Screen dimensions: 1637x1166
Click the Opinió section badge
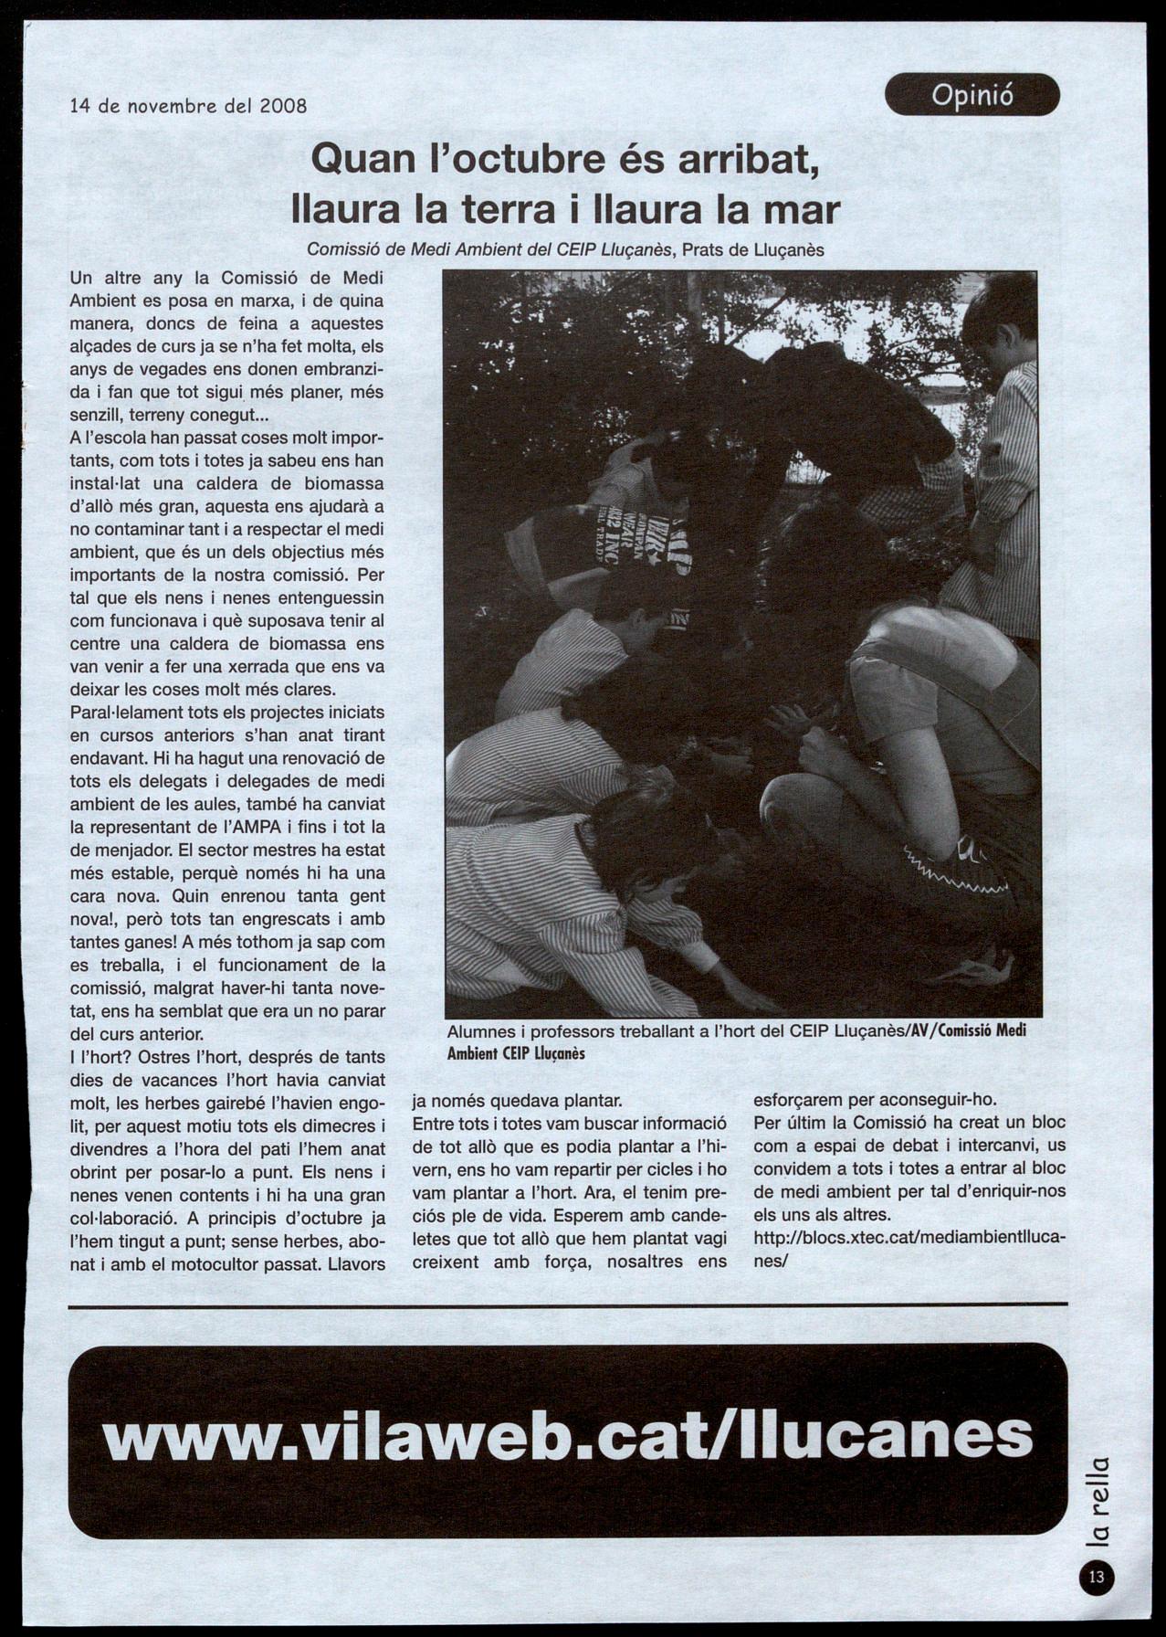pos(972,95)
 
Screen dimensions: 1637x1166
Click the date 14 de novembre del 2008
pos(188,105)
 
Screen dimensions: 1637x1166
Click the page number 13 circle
pos(1097,1578)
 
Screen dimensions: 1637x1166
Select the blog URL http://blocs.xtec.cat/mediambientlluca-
pos(909,1238)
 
